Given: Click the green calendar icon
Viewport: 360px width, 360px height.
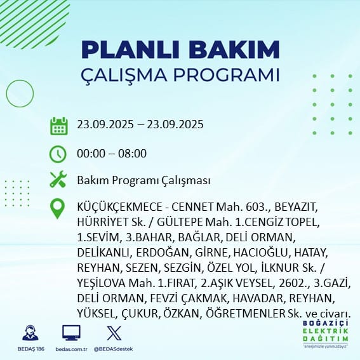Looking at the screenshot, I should click(58, 126).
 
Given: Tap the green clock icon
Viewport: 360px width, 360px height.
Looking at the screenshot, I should click(58, 154).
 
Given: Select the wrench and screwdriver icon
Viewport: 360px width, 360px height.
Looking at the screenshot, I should click(58, 180).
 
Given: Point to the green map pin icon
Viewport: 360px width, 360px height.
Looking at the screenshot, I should click(58, 209).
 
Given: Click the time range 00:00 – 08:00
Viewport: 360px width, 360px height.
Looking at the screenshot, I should click(111, 154).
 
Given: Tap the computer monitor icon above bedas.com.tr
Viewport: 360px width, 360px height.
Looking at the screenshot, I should click(71, 333).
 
